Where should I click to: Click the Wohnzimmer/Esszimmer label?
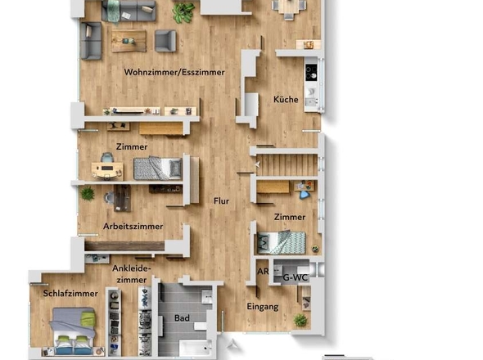pos(174,73)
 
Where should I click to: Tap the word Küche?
pos(286,100)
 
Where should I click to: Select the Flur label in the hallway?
pos(221,200)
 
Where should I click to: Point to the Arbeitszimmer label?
pos(133,226)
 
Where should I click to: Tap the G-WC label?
pos(294,278)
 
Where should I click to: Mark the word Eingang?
pos(263,307)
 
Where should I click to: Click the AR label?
pos(263,272)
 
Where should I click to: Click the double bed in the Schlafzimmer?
pos(73,331)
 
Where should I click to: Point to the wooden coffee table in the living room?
pos(128,39)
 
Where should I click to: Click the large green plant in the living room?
pos(184,12)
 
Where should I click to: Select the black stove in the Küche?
pos(311,72)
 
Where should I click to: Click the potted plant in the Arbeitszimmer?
pos(87,193)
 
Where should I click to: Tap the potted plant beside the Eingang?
pos(300,320)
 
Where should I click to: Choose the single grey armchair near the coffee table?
pos(165,40)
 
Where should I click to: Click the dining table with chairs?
pos(288,7)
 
